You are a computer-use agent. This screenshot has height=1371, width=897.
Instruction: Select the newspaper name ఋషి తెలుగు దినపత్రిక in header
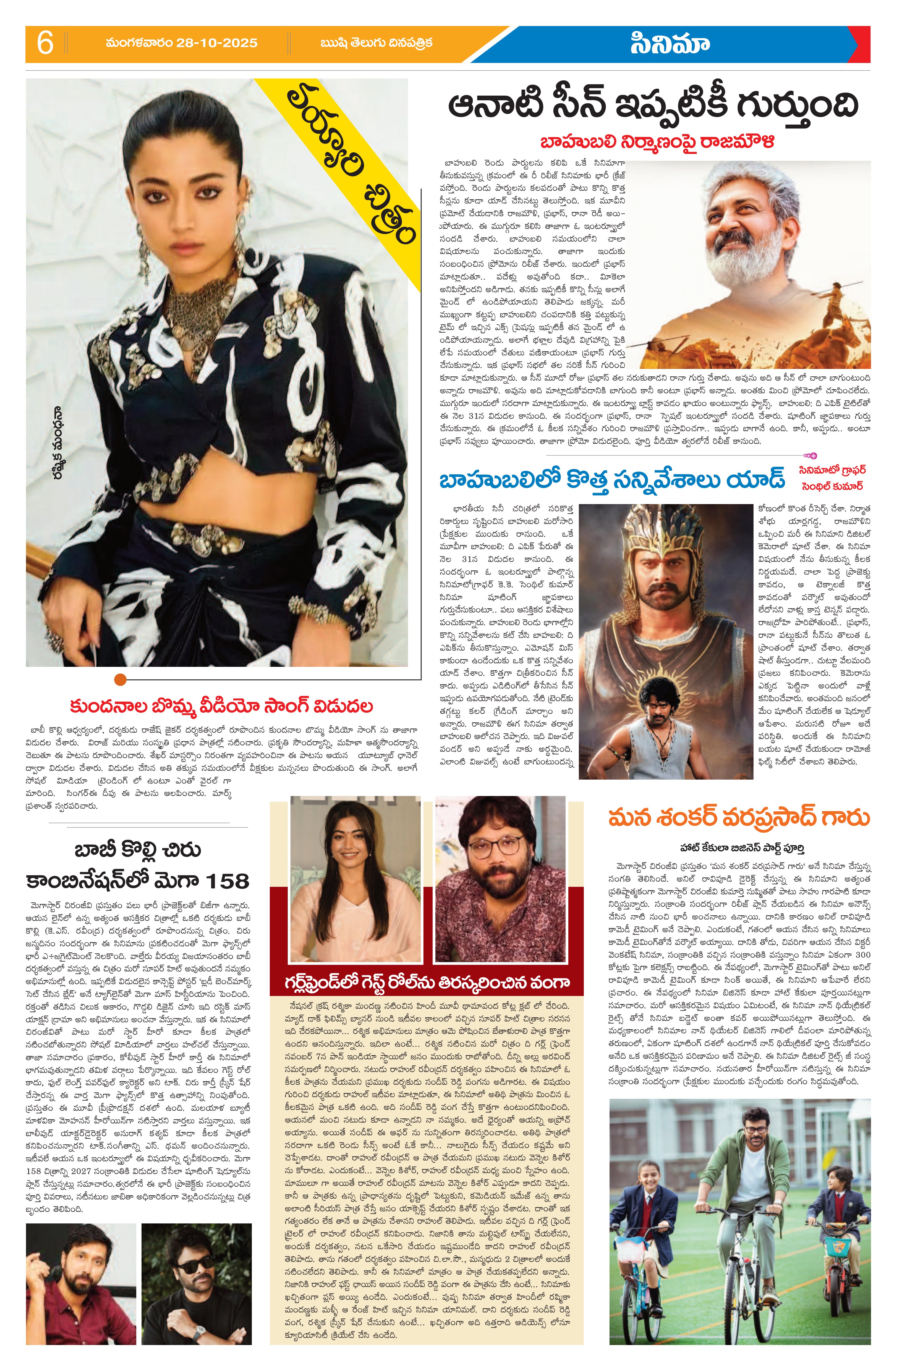click(377, 43)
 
